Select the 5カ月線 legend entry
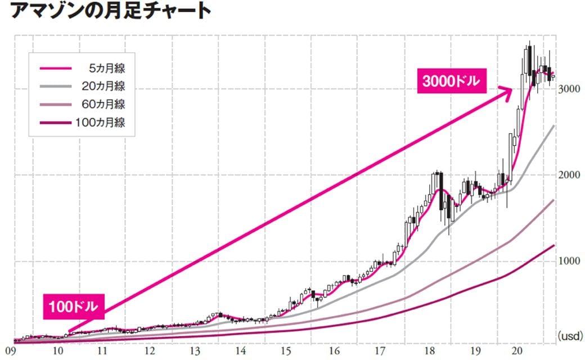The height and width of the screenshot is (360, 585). (106, 68)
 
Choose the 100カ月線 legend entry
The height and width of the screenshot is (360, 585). (101, 122)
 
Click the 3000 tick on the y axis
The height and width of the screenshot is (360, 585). (569, 89)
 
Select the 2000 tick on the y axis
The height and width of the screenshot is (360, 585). (569, 175)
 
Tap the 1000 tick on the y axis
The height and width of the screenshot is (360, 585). (569, 262)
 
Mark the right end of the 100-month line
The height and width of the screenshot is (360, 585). (554, 245)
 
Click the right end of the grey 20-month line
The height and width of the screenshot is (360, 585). (554, 126)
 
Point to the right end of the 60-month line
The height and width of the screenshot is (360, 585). (554, 200)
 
